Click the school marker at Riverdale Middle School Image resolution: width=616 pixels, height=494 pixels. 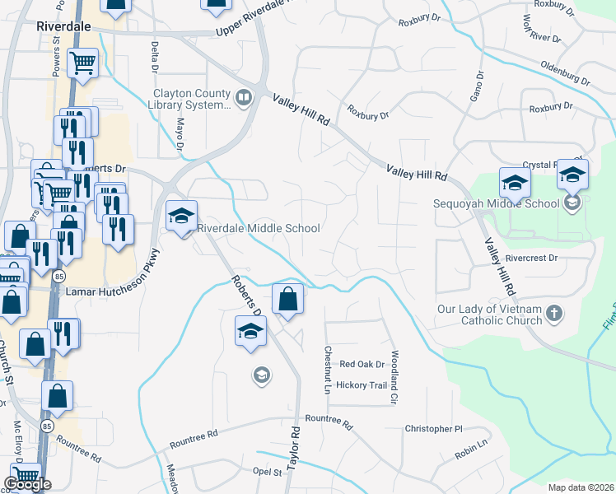tap(181, 217)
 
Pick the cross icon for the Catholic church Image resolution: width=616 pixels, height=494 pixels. tap(554, 313)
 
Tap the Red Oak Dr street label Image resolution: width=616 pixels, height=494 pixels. tap(362, 364)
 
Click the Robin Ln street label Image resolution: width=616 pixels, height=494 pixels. tap(471, 449)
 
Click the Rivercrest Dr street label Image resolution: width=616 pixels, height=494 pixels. tap(533, 258)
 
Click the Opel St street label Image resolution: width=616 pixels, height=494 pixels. tap(268, 473)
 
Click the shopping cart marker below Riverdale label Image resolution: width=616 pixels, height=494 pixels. tap(82, 62)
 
